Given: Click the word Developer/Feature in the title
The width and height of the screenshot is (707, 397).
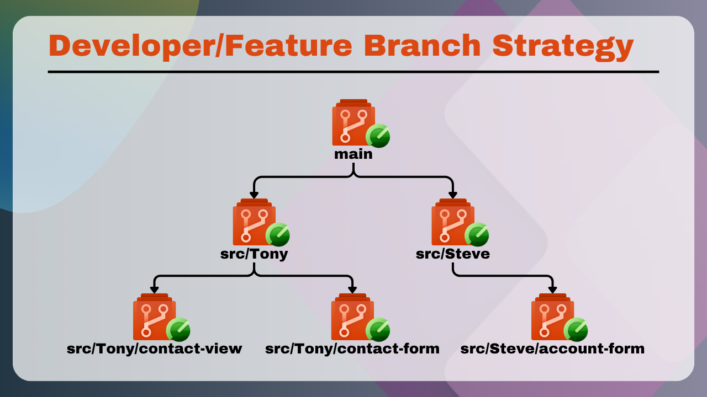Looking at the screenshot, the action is [x=200, y=46].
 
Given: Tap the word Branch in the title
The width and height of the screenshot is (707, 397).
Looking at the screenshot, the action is [x=423, y=45].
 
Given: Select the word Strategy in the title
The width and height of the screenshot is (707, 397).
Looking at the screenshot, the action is [x=563, y=47].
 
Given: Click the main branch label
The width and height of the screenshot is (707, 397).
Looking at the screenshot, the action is [x=353, y=154].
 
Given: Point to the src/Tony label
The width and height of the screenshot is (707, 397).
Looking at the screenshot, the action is [x=254, y=254].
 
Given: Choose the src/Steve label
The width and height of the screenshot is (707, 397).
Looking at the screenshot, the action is [x=453, y=254].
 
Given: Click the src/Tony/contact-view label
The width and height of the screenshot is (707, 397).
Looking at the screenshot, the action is [x=154, y=349].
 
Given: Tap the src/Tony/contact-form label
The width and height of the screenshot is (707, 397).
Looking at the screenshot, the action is [x=352, y=349].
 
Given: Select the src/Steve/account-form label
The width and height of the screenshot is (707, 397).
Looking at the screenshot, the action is [x=552, y=349].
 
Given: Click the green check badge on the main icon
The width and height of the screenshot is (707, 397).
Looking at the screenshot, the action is [x=378, y=136].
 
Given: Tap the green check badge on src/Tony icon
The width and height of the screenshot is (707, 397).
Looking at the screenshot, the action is [x=278, y=235].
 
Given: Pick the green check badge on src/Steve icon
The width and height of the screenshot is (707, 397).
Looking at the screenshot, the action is [x=477, y=235].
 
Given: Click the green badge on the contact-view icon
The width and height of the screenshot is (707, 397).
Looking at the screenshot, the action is [x=178, y=330].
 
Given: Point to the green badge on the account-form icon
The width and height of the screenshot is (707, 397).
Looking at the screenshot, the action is [x=576, y=330].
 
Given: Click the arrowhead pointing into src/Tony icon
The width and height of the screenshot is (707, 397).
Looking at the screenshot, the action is [x=254, y=195].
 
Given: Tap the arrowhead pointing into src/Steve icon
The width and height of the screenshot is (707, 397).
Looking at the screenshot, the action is [x=453, y=195].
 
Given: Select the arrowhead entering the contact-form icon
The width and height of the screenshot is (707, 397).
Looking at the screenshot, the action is [x=352, y=290].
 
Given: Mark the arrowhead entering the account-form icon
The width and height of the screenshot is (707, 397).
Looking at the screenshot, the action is [x=552, y=290].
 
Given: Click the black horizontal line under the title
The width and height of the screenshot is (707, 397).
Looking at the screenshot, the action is [x=353, y=72].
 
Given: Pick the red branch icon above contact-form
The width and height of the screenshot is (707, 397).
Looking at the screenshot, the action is [x=352, y=316].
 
